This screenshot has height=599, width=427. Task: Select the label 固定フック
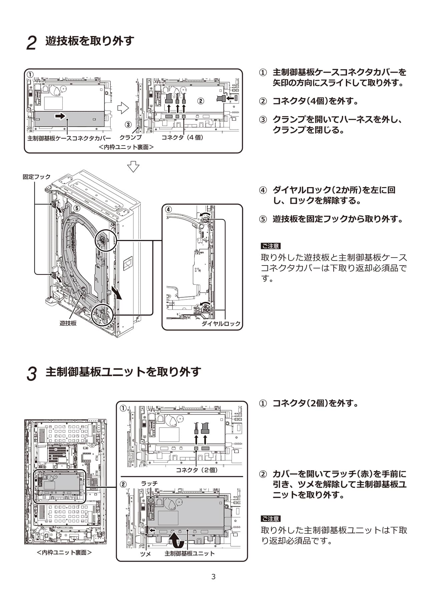37,177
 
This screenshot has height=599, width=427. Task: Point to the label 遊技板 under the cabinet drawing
68,323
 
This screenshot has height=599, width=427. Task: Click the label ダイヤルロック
221,324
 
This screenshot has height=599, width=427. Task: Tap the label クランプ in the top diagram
130,137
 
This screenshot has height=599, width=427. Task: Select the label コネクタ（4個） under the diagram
182,137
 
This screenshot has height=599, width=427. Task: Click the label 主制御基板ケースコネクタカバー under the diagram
69,138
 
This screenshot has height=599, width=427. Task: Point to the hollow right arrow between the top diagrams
123,107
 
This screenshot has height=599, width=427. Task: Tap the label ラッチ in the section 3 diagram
149,483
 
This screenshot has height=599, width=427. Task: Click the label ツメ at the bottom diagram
145,554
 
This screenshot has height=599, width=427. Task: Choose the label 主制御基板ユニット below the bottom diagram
189,553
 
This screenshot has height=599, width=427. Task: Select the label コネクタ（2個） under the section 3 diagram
196,470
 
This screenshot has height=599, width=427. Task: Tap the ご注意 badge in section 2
271,246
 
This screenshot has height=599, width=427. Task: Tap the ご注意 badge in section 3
271,519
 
